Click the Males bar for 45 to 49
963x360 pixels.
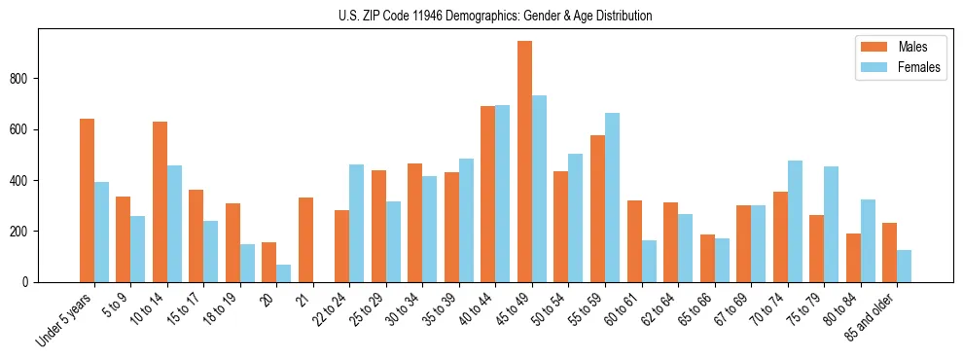tap(524, 162)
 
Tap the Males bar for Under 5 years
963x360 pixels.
tap(87, 200)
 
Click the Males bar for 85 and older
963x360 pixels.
tap(889, 252)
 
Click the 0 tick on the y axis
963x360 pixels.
tap(29, 282)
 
